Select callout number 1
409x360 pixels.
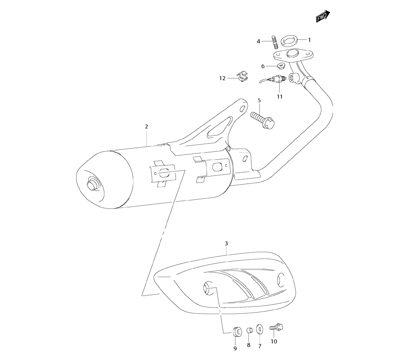(x=310, y=40)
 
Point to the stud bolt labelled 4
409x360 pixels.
(x=274, y=42)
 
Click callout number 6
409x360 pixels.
(x=263, y=66)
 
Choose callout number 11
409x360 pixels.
(x=279, y=97)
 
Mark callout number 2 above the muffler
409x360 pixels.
(x=146, y=127)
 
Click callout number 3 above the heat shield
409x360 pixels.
(x=227, y=243)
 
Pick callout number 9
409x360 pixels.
(x=235, y=348)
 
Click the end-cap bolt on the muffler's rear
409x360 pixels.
(x=92, y=184)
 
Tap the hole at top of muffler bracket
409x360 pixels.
(x=243, y=109)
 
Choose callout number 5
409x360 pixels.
(x=259, y=100)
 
